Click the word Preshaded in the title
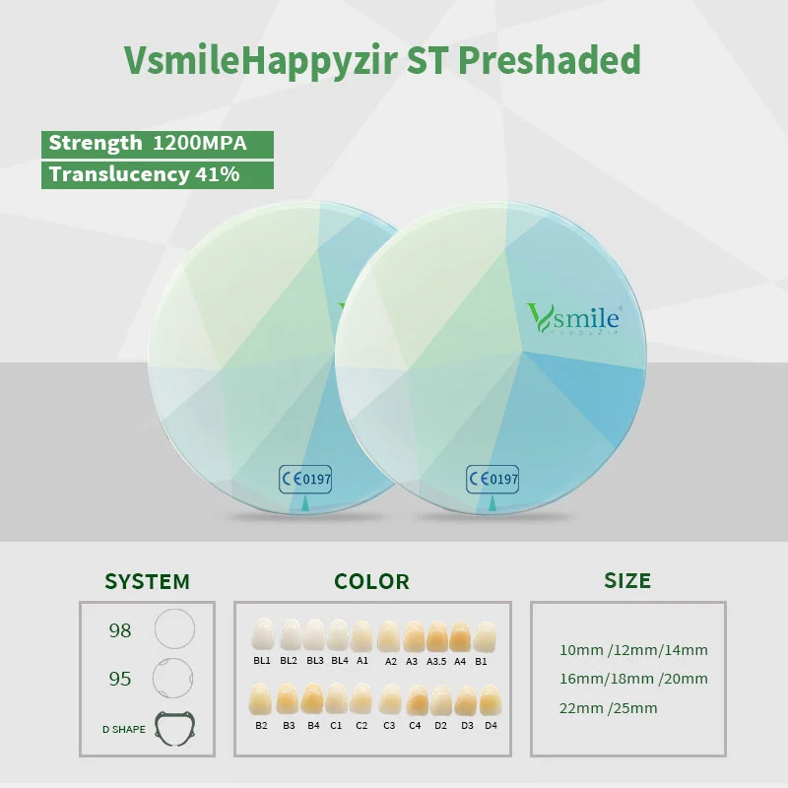pos(550,60)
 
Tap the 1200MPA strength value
pos(200,143)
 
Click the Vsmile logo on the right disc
pos(573,318)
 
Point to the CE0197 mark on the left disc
pos(305,479)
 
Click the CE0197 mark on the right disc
pos(492,479)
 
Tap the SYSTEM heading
pos(147,581)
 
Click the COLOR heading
pos(372,581)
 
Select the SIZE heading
pos(627,580)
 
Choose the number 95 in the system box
pos(120,679)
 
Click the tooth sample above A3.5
pos(436,636)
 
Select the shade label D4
pos(491,726)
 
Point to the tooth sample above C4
pos(417,700)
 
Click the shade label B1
pos(481,661)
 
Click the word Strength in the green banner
pos(96,144)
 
